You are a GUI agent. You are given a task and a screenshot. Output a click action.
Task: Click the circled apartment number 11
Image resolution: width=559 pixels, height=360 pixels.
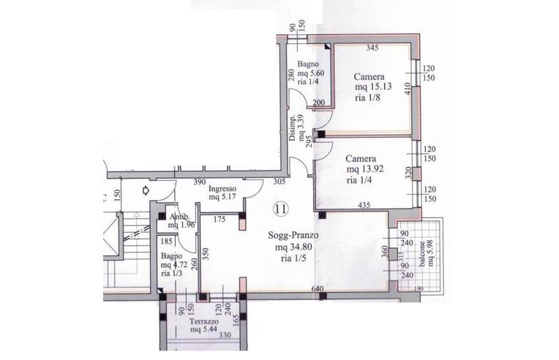pos(280,209)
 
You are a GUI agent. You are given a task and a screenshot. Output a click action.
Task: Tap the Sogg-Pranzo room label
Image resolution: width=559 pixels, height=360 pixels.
pos(293,236)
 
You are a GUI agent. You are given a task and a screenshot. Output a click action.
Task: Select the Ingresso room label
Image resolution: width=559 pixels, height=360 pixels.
pos(222,189)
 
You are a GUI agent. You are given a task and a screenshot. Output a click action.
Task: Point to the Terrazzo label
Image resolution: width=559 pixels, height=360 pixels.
pos(204,322)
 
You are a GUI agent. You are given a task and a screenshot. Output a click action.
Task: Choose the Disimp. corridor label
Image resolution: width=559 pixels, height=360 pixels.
pos(292,128)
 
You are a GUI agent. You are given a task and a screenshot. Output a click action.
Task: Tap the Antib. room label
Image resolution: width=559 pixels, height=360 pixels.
pos(180,217)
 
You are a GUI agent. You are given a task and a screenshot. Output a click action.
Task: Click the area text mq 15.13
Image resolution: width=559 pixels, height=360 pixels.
pos(373,86)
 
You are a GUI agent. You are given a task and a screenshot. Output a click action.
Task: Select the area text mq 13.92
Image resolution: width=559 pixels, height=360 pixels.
pos(364,169)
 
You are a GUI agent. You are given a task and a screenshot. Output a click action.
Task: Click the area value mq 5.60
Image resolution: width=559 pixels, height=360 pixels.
pos(311,73)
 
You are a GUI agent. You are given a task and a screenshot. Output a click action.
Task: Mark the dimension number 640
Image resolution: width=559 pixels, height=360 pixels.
pos(318,289)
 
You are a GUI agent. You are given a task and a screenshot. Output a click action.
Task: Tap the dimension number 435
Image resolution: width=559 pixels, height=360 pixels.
pos(364,205)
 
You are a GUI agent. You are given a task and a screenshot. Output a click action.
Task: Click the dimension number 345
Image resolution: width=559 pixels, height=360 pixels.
pos(372,48)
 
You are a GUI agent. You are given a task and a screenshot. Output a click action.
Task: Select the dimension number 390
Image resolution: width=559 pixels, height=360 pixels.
pos(200,181)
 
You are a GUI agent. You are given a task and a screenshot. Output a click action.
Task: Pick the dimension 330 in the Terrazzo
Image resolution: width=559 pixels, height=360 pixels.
pos(225,335)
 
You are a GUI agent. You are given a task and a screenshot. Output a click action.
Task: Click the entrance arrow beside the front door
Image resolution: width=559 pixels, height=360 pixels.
pos(146,191)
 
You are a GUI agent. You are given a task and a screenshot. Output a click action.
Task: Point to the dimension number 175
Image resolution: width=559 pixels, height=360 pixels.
pos(220,220)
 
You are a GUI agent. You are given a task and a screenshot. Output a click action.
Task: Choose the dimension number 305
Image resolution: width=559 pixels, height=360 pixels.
pos(279,181)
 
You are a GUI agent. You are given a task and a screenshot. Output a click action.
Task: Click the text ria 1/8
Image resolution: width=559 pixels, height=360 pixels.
pos(367,97)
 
